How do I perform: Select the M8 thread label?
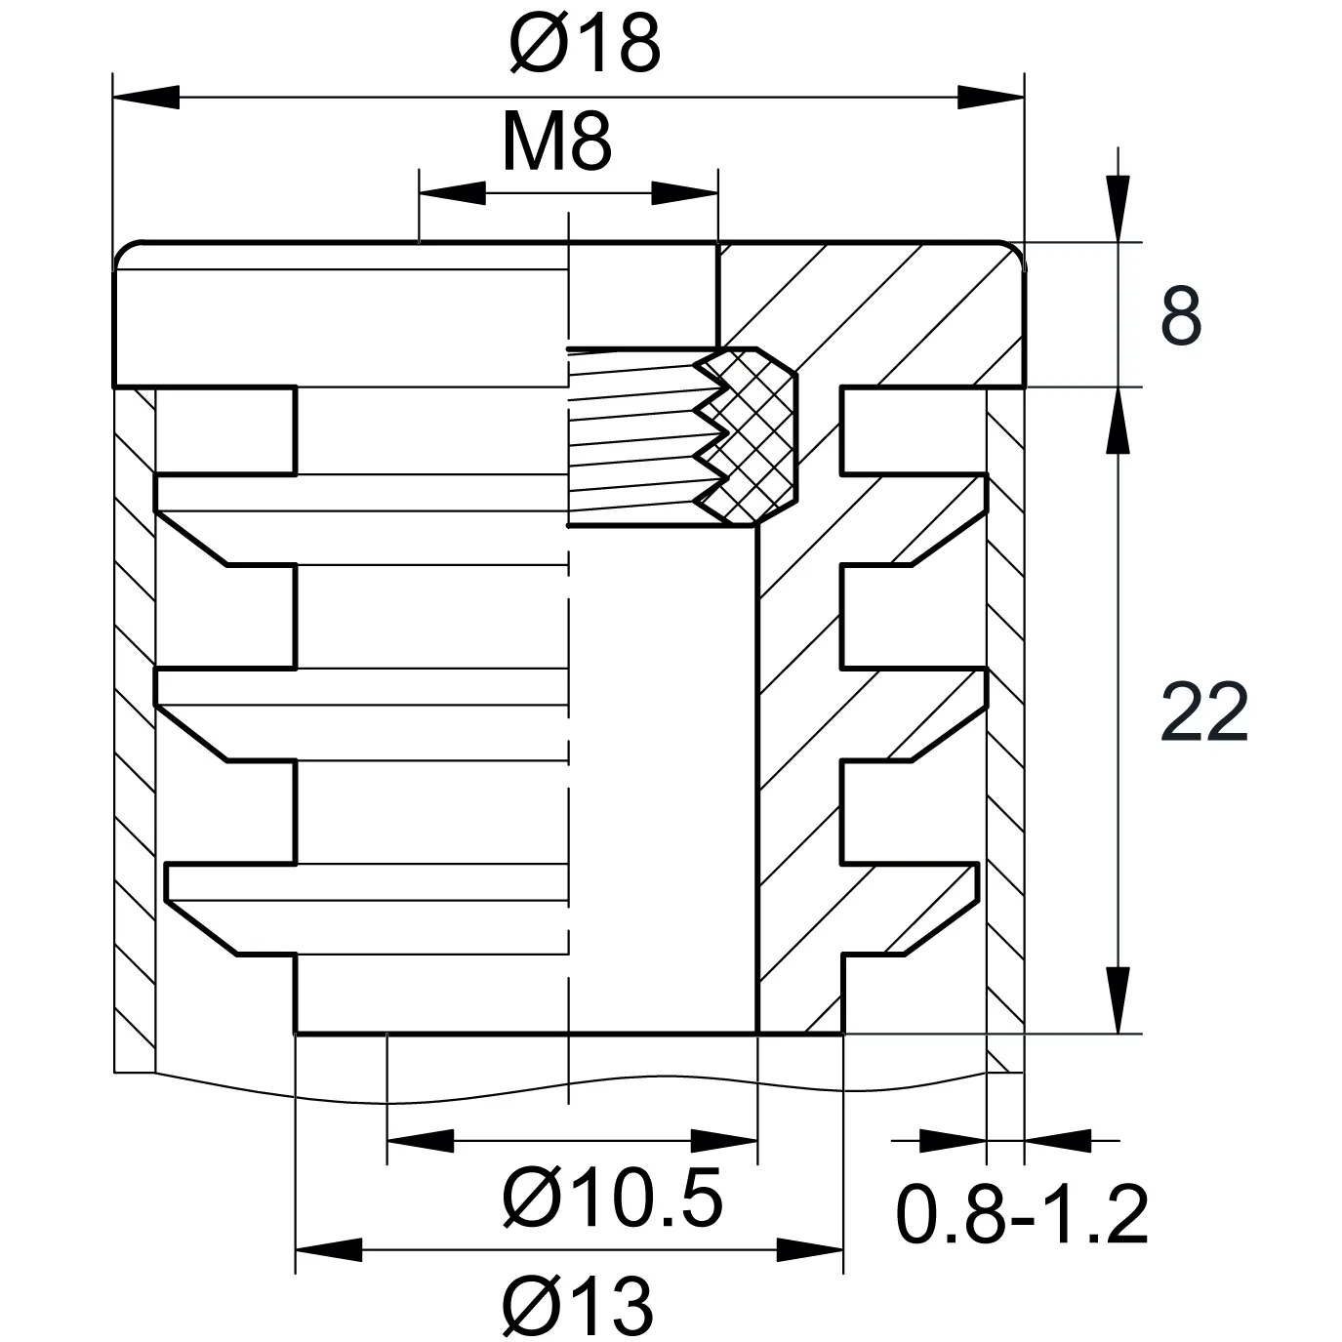tap(556, 142)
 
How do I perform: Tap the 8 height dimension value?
tap(1181, 316)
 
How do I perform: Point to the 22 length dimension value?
tap(1204, 713)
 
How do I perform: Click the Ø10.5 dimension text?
tap(612, 1198)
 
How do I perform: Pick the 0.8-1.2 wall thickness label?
tap(1022, 1215)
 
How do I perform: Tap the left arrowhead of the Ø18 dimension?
tap(146, 98)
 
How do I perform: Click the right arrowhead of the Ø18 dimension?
tap(991, 98)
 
